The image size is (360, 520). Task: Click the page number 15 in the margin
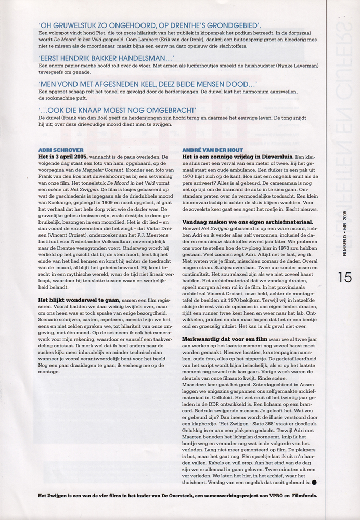pyautogui.click(x=344, y=277)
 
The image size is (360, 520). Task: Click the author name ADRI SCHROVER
pyautogui.click(x=61, y=150)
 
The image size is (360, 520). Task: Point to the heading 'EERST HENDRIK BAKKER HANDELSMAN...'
pyautogui.click(x=106, y=58)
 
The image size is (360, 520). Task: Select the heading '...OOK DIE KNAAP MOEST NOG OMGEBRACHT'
pyautogui.click(x=117, y=110)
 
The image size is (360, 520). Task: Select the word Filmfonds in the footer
pyautogui.click(x=300, y=495)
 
